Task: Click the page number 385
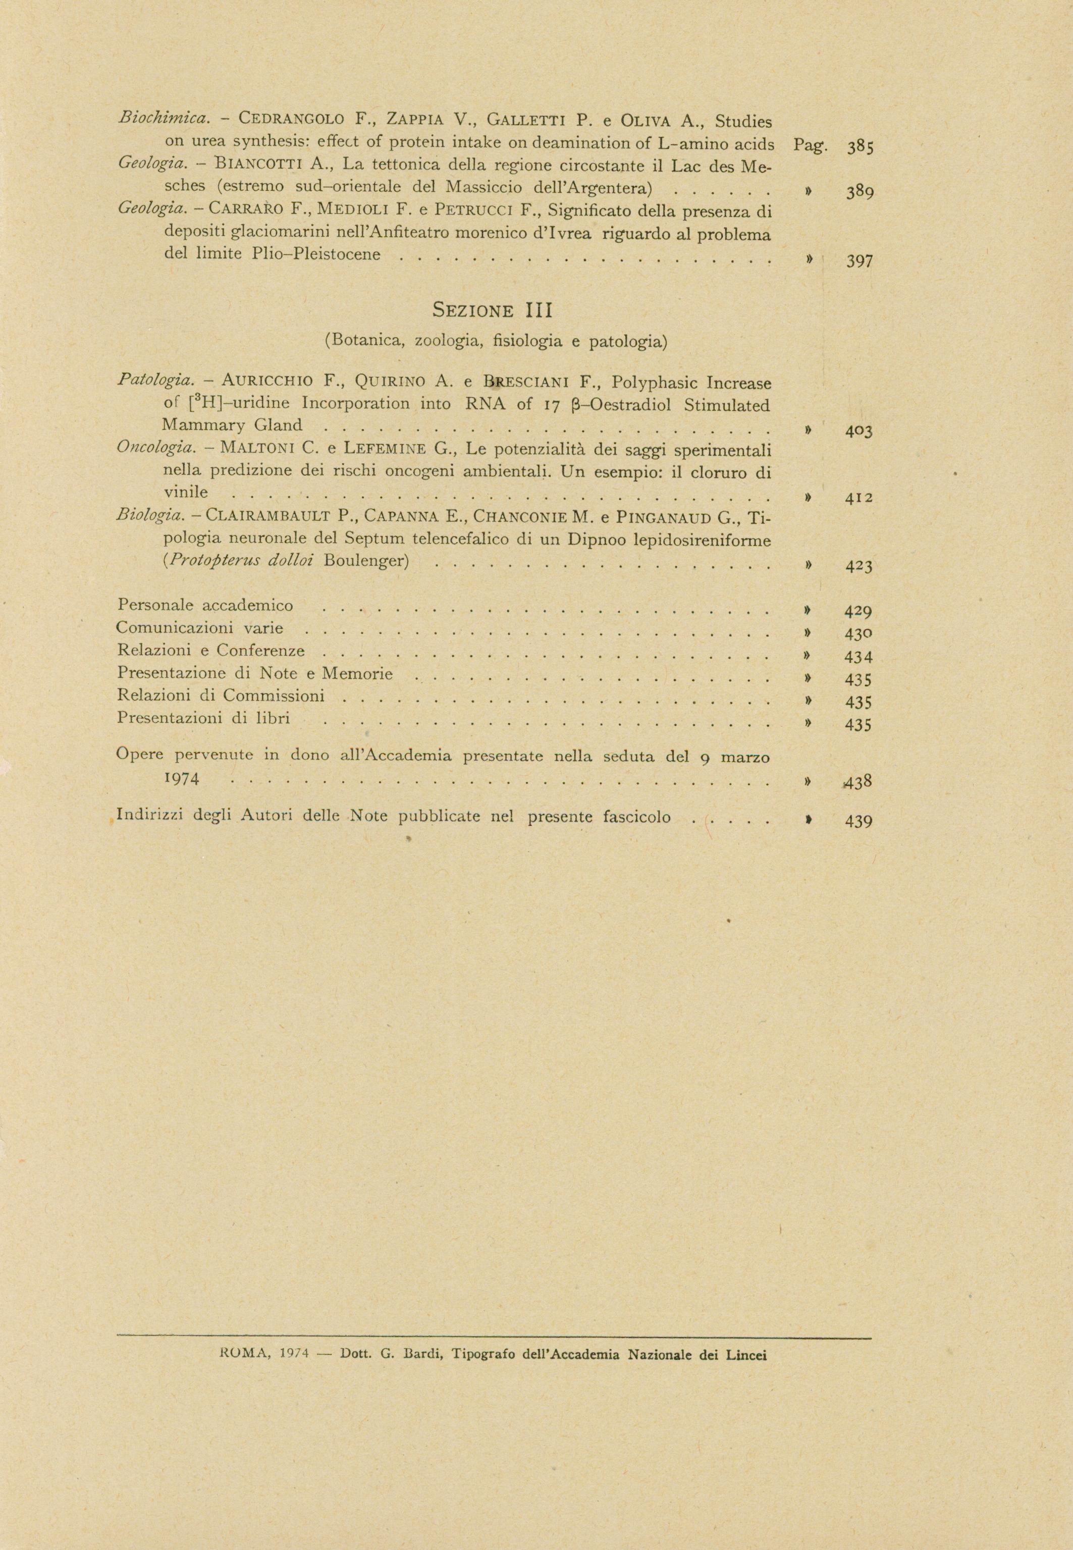859,146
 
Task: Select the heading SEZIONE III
492,311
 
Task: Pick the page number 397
859,261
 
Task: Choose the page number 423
859,566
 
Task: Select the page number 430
859,634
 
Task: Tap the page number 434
859,657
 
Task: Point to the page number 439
859,821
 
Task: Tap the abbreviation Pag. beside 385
810,146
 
